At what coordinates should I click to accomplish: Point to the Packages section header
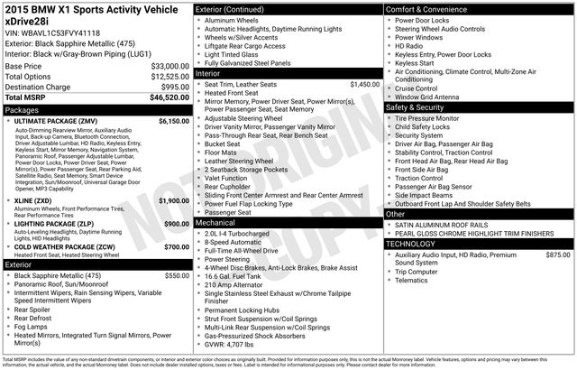tap(25, 109)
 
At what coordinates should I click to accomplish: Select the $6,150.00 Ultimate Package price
tap(173, 121)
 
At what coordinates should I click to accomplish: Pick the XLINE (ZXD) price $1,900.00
tap(173, 200)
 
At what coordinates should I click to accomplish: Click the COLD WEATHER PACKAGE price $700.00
tap(176, 246)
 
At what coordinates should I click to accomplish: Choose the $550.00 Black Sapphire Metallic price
tap(176, 275)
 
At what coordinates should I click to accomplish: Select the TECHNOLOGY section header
tap(416, 245)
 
